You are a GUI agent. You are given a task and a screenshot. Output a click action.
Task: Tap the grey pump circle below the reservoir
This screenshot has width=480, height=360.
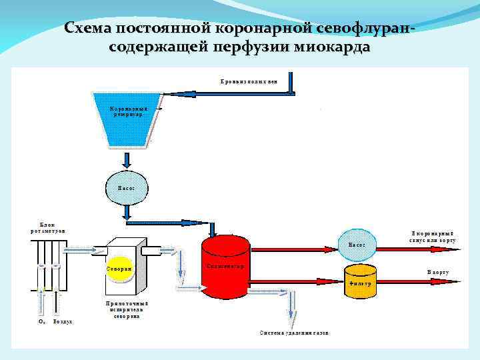point(127,187)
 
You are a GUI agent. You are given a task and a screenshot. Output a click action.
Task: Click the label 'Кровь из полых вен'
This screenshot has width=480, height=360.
point(248,81)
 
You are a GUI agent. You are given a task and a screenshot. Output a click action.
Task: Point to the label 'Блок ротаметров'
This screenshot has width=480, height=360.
point(48,227)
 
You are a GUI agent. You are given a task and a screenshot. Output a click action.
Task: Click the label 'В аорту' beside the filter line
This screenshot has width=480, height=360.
point(437,273)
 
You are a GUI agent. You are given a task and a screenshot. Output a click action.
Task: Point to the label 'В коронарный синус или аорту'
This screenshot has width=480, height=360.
point(433,236)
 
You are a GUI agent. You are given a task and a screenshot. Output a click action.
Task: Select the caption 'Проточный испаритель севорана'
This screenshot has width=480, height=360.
point(127,309)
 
